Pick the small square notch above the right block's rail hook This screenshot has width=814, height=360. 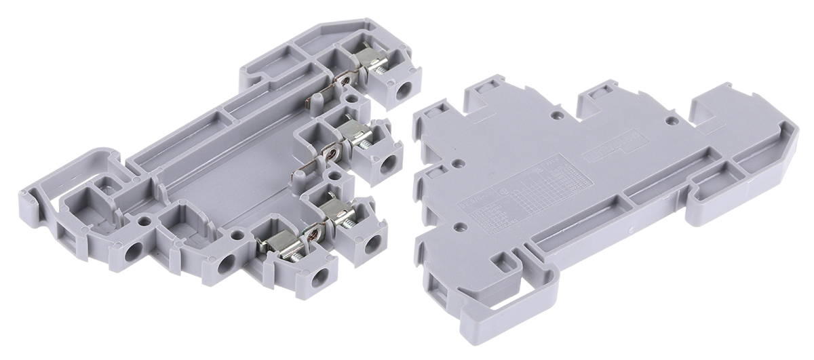503,262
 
